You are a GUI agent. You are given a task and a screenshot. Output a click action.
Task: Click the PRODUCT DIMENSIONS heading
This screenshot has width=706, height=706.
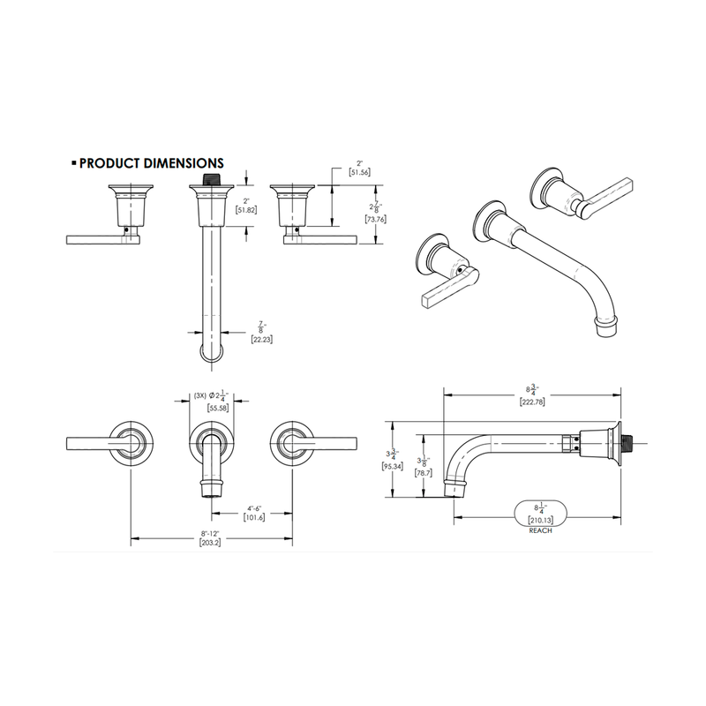(x=151, y=163)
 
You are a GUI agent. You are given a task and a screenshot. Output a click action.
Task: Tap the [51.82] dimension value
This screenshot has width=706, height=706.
(x=246, y=210)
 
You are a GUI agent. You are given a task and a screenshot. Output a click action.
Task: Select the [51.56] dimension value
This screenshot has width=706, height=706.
(x=359, y=172)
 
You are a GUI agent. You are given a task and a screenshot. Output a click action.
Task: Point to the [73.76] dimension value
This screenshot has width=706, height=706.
(x=376, y=219)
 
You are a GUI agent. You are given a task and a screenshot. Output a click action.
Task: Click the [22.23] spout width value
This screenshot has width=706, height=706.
(x=262, y=340)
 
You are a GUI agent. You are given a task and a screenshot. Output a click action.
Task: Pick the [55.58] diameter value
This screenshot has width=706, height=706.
(x=218, y=408)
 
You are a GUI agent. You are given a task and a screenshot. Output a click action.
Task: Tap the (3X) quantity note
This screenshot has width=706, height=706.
(x=200, y=395)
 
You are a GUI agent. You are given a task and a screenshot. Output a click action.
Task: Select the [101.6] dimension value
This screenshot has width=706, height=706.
(x=254, y=518)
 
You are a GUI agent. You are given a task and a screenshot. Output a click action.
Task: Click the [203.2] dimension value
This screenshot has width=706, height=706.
(x=210, y=543)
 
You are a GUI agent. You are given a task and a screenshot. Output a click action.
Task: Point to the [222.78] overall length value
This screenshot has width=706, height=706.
(x=532, y=402)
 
